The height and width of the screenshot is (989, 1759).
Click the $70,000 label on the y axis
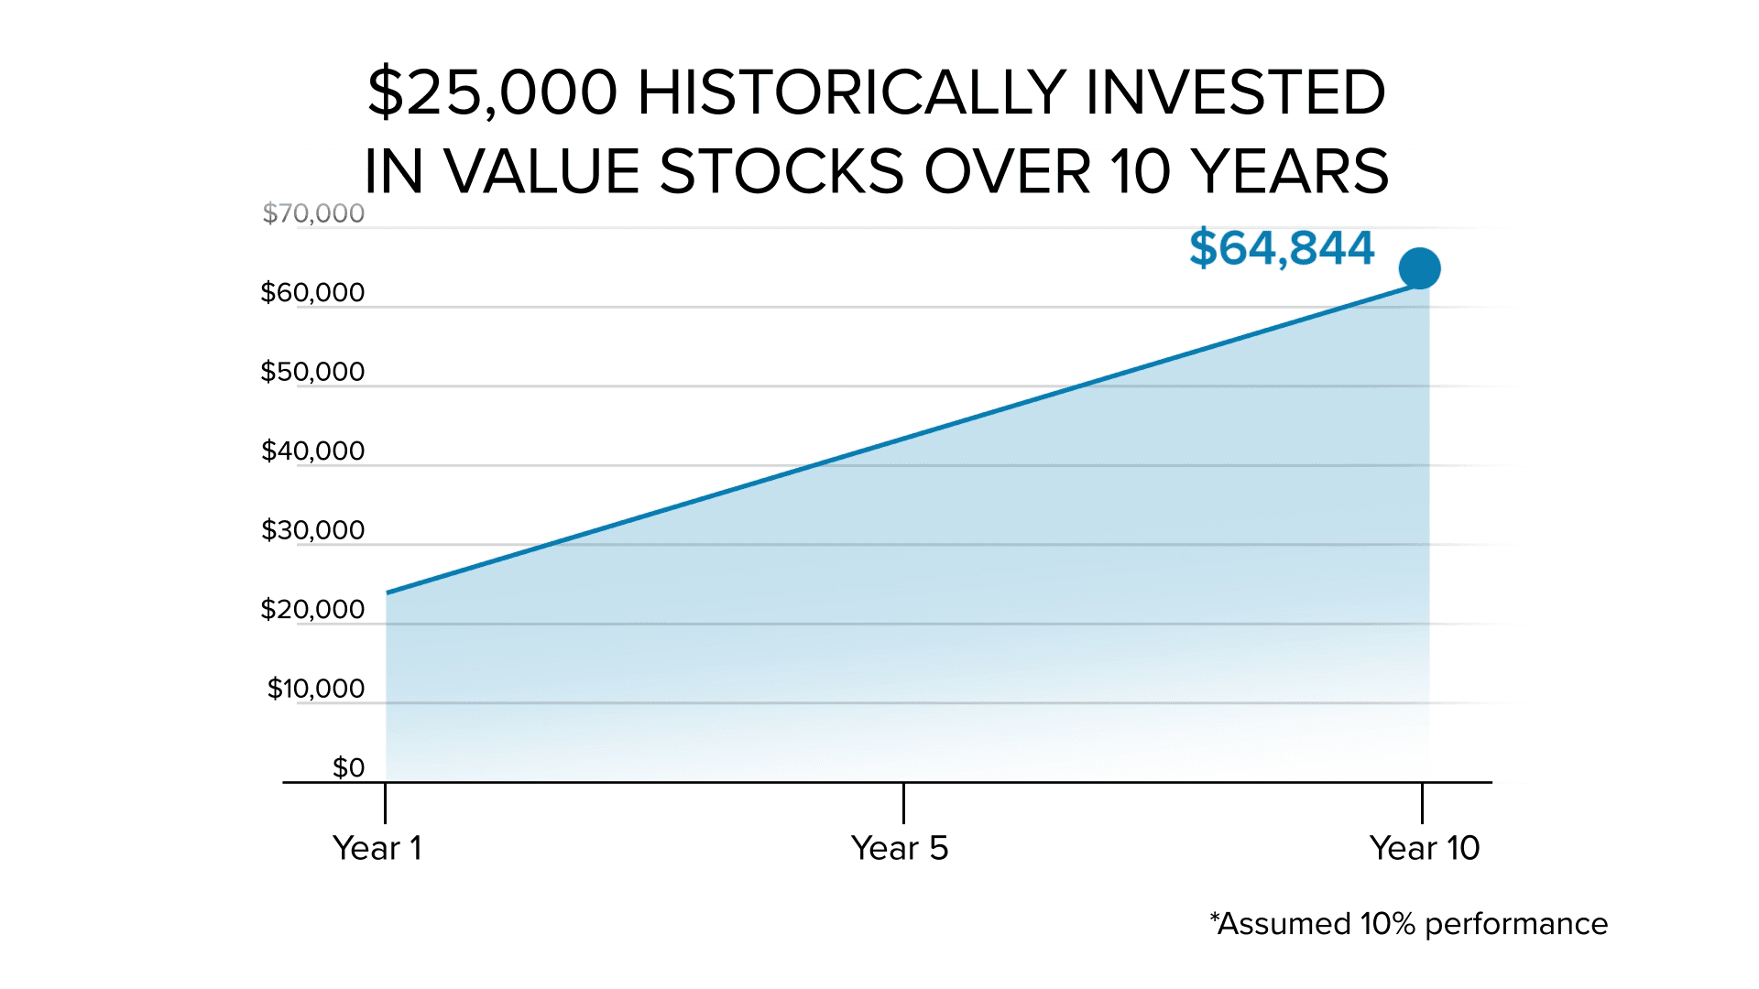(x=313, y=213)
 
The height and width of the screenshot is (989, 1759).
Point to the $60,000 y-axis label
(x=312, y=293)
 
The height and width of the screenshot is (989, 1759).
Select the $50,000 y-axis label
(x=312, y=372)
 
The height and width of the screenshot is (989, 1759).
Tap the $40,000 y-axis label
(x=312, y=451)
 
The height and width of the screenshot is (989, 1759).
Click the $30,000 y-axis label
(x=312, y=530)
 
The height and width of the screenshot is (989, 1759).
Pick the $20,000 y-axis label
(x=312, y=610)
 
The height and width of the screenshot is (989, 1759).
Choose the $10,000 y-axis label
(x=315, y=689)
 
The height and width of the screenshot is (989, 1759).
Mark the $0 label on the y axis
(x=348, y=767)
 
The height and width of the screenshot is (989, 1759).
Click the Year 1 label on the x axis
(x=377, y=848)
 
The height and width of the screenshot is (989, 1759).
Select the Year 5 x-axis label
(x=900, y=848)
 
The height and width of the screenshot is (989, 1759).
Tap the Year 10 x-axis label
(x=1425, y=848)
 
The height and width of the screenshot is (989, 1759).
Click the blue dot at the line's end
(x=1419, y=268)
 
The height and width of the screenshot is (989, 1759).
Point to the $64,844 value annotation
(x=1282, y=248)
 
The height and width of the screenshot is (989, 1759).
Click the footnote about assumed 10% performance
(x=1408, y=924)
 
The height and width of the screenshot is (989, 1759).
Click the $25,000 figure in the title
(x=493, y=92)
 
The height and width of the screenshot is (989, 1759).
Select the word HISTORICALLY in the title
(x=851, y=92)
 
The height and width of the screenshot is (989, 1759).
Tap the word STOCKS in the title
(x=781, y=171)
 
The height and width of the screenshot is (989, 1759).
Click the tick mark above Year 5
(x=903, y=803)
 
